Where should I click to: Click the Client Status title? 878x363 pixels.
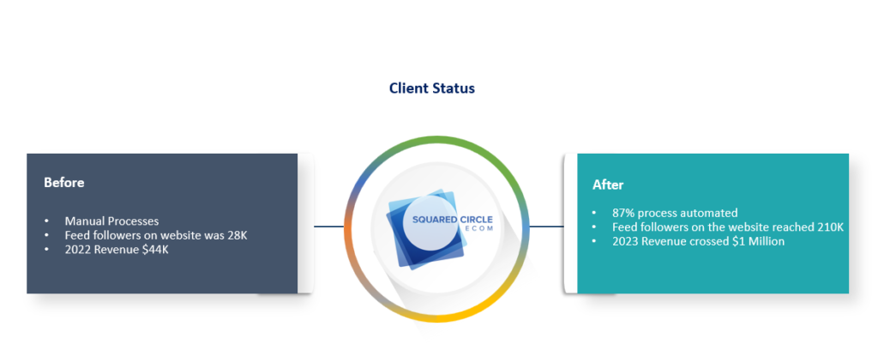pos(432,88)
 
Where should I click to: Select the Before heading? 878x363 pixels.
pos(64,183)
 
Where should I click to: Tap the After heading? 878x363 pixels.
pos(608,185)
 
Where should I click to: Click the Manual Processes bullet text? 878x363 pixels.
pos(111,221)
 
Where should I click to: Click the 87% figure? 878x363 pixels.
pos(624,214)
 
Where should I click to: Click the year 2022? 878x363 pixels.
pos(76,249)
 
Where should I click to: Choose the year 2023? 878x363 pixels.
pos(624,241)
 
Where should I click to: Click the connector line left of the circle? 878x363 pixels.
pos(328,227)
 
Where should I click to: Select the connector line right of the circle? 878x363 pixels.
pos(546,227)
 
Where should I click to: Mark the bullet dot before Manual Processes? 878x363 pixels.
pos(47,221)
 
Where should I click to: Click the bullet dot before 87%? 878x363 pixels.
pos(595,214)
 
